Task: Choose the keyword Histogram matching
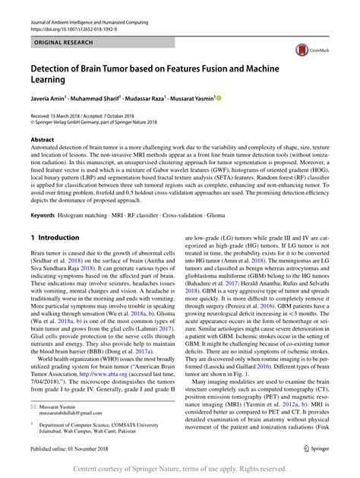point(87,215)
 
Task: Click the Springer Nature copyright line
point(180,469)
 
